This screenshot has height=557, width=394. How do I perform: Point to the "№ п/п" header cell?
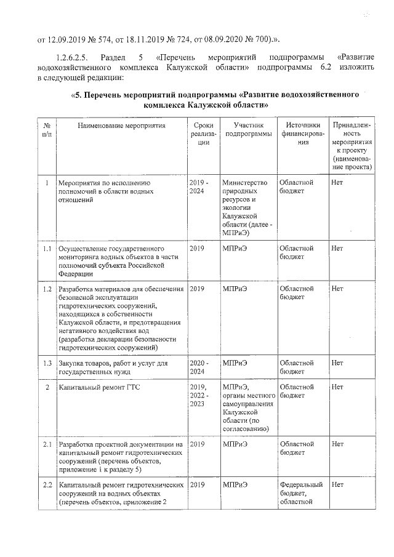pos(47,129)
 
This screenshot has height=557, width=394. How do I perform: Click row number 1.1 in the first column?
pos(47,249)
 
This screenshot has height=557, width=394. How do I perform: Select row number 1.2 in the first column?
pos(47,289)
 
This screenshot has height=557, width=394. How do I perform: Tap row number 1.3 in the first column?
pos(47,363)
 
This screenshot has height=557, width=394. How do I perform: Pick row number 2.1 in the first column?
pos(47,444)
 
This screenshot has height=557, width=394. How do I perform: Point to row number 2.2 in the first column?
pos(47,485)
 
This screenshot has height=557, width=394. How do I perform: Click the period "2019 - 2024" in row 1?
pos(199,188)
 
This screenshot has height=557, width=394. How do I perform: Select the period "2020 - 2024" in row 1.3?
pos(199,367)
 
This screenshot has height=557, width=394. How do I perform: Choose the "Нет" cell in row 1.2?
pos(337,289)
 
